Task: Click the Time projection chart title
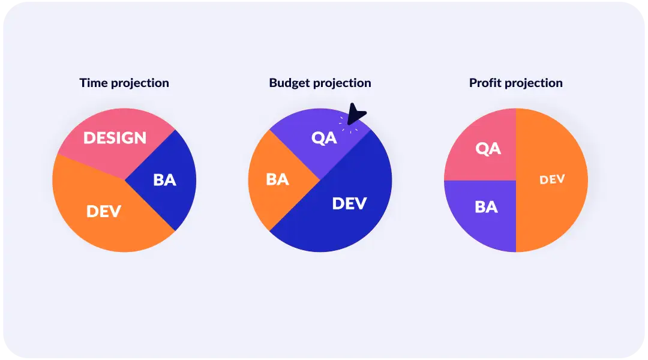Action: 124,83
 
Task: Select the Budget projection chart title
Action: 320,83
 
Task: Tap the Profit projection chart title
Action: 516,83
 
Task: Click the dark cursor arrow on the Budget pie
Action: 356,115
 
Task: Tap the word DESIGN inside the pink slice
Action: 115,138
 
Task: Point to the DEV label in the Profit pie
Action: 552,179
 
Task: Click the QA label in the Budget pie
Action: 324,137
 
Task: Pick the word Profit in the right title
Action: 485,83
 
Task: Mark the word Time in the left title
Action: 92,83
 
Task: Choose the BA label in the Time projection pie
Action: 164,179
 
